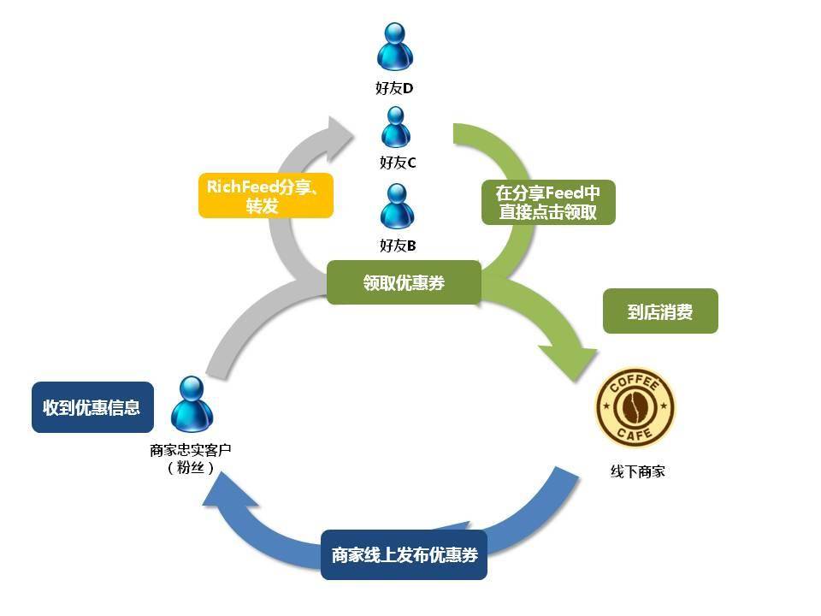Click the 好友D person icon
(x=395, y=46)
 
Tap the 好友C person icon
(x=395, y=127)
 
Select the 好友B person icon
(x=397, y=206)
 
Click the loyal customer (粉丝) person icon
(x=192, y=405)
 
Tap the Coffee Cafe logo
(x=635, y=407)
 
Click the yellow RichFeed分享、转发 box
(x=265, y=195)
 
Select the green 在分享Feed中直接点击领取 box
(x=548, y=202)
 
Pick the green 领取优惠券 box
(x=404, y=282)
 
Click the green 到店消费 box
(x=660, y=311)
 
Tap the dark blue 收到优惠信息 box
(x=92, y=407)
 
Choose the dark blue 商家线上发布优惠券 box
(x=404, y=554)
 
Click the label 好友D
(x=394, y=88)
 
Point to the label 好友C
(x=398, y=163)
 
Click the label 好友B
(x=398, y=246)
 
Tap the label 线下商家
(x=637, y=471)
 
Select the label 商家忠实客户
(x=191, y=450)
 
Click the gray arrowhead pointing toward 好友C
(x=338, y=137)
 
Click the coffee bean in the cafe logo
(x=635, y=407)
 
